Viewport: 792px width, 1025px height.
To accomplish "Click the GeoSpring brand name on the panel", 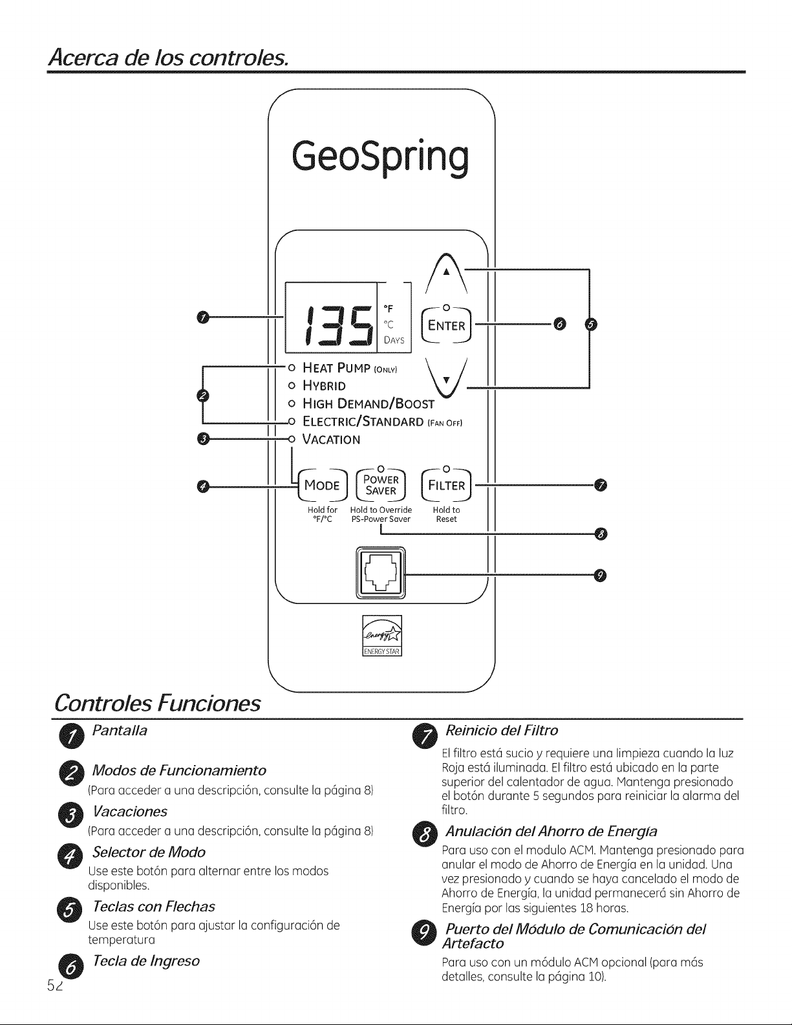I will [x=381, y=156].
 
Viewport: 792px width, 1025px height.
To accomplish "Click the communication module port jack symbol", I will [x=381, y=572].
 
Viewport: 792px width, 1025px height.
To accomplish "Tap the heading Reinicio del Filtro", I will [x=502, y=731].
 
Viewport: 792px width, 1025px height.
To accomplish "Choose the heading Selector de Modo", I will [x=149, y=852].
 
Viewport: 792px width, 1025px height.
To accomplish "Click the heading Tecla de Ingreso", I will [x=146, y=960].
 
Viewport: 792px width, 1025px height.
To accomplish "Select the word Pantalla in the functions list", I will [x=120, y=731].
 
